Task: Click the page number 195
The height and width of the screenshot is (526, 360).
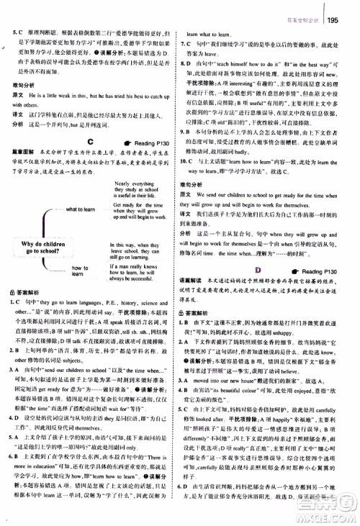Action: click(x=338, y=10)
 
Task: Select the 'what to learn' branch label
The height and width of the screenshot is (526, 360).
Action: click(x=86, y=209)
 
